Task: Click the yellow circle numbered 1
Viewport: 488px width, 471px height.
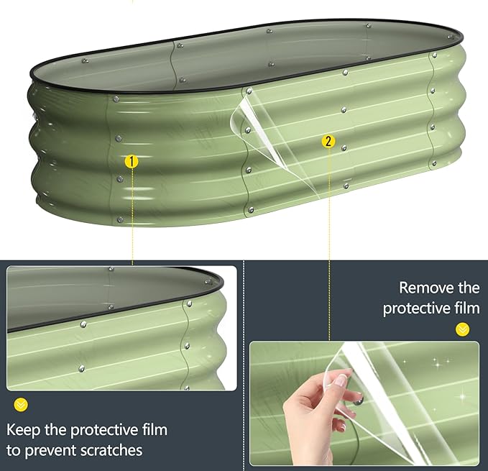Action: tap(132, 162)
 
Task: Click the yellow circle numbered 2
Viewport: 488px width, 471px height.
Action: tap(328, 142)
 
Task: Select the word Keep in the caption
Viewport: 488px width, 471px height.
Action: tap(23, 430)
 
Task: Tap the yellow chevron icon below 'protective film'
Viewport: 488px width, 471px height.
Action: tap(462, 329)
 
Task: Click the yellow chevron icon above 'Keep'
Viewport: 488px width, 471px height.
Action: tap(21, 405)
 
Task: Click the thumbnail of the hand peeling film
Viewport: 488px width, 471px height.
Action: tap(364, 403)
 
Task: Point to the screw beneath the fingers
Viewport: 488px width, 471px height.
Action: tap(358, 401)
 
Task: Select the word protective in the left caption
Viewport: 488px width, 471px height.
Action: tap(103, 431)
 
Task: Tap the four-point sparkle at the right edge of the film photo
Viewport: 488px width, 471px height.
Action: tap(462, 397)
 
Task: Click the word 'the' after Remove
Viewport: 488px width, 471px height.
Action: tap(469, 288)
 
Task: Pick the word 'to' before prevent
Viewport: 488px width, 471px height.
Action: tap(14, 450)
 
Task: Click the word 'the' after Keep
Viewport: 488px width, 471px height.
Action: tap(55, 429)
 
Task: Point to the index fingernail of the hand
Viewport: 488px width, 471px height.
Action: tap(342, 379)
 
